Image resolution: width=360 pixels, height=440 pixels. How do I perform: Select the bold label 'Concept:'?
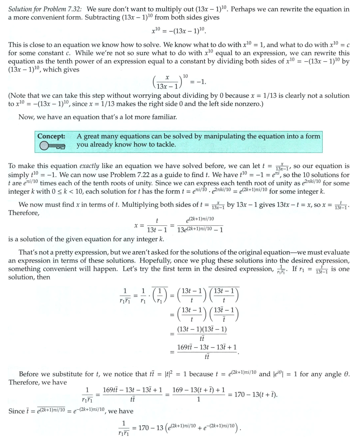51,136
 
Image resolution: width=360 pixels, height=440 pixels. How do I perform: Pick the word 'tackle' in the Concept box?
164,145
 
